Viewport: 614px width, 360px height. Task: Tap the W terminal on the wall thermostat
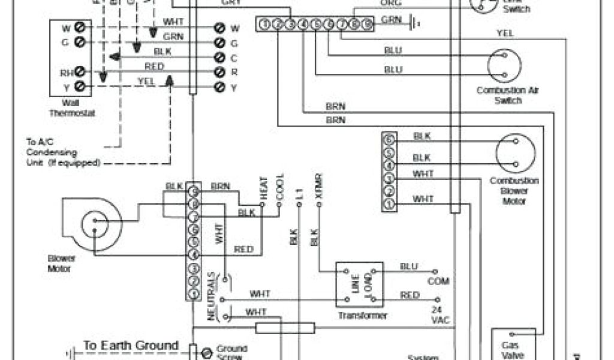pos(79,27)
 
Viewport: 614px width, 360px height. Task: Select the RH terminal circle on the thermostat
pos(79,73)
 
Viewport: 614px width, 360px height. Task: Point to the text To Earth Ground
pos(131,346)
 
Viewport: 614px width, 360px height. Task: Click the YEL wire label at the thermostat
pos(146,81)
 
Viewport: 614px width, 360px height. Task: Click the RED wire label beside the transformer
pos(410,295)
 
